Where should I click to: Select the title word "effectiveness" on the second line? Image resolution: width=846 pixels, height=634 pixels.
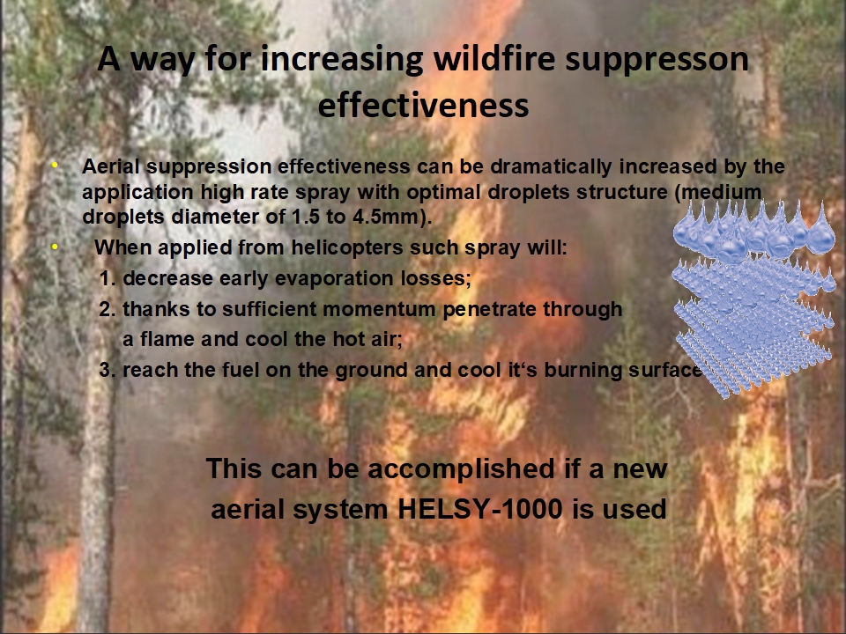[x=424, y=105]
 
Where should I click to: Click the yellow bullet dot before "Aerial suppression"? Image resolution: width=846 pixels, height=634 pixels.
[x=55, y=165]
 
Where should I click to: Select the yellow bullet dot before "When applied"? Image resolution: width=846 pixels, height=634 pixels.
[x=55, y=247]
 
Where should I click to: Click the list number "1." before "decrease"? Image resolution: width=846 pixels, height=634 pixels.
[x=108, y=279]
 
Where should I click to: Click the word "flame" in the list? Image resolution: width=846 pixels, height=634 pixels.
[x=167, y=339]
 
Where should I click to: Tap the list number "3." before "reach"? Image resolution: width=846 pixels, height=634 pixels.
[x=108, y=371]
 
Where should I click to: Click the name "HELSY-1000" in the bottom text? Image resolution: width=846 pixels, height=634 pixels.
[x=479, y=509]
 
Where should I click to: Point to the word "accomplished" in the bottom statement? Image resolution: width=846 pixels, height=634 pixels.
[x=461, y=469]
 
